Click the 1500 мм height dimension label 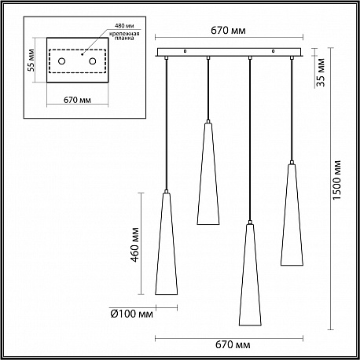tap(337, 180)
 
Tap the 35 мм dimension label tap(321, 72)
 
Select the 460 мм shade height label tap(135, 245)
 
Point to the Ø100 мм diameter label tap(131, 314)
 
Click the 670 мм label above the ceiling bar tap(228, 31)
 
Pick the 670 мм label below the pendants tap(233, 344)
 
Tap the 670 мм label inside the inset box tap(77, 100)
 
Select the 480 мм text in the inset tap(124, 26)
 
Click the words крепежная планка tap(124, 36)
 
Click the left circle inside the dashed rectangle tap(61, 61)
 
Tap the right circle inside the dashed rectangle tap(92, 61)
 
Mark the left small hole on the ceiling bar tap(185, 51)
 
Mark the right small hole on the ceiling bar tap(274, 51)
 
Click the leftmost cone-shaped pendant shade tap(166, 244)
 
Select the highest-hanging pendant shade tap(208, 174)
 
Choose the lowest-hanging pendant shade tap(250, 274)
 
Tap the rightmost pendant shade tap(292, 215)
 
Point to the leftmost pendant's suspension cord tap(166, 124)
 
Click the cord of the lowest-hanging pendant tap(250, 140)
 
